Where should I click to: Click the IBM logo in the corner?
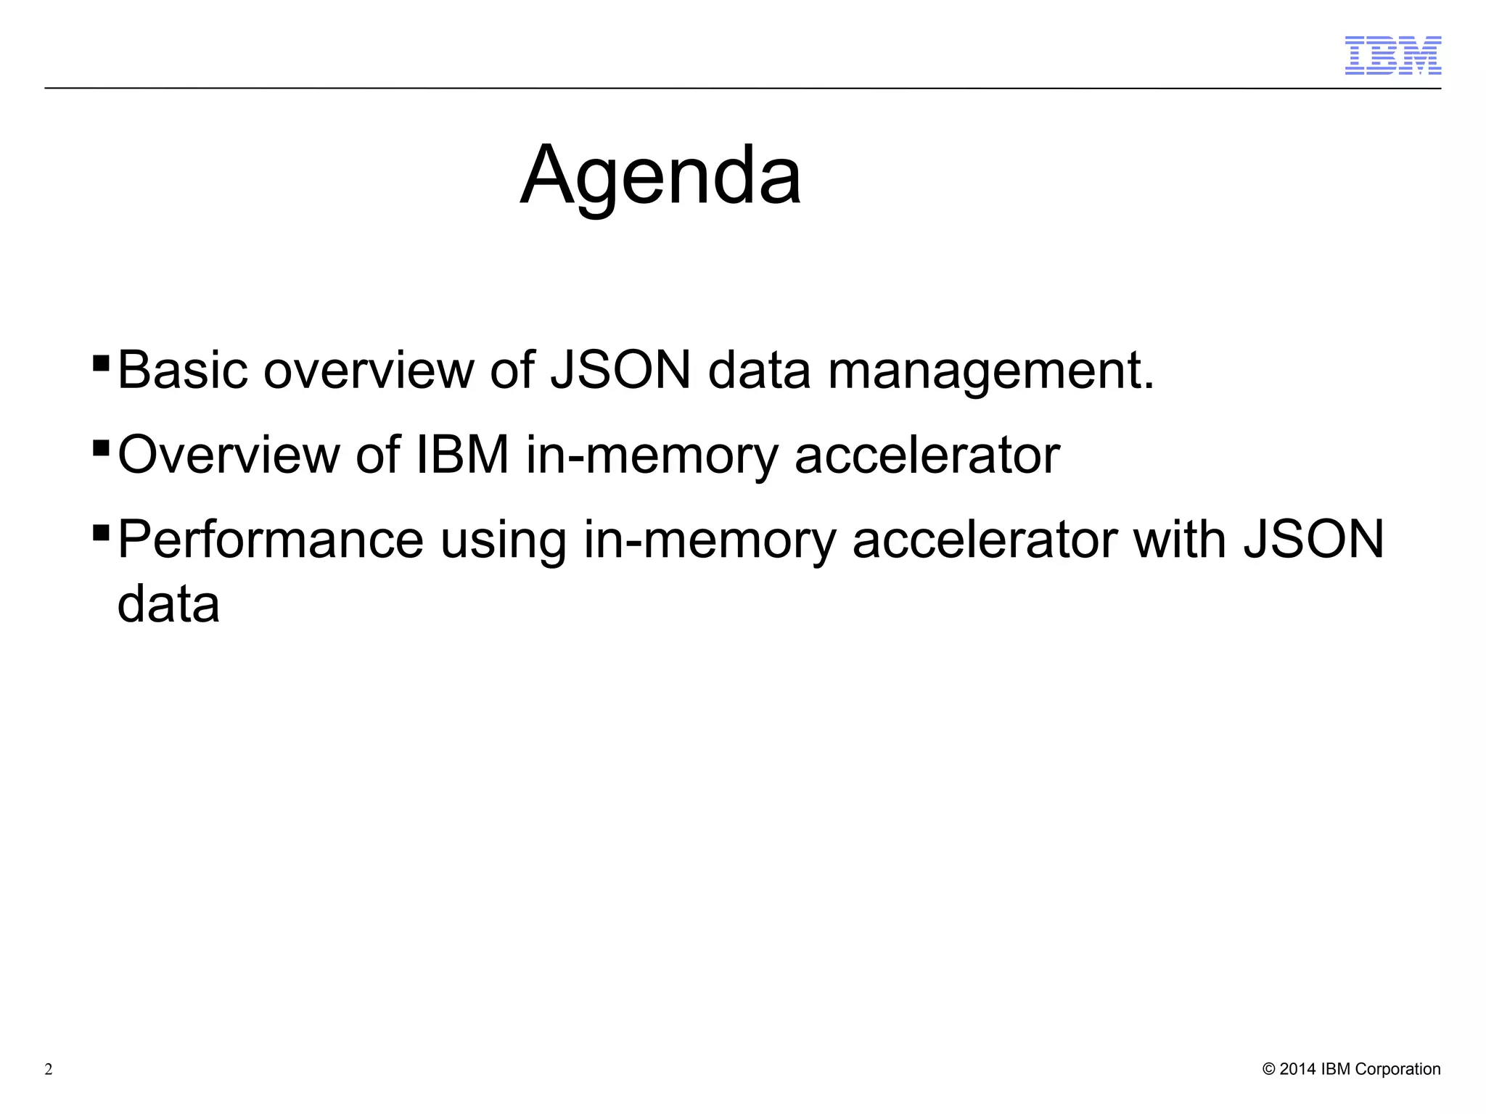coord(1392,55)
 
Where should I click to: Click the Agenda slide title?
coord(660,176)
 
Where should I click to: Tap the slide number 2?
coord(49,1070)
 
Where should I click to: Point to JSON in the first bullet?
coord(620,371)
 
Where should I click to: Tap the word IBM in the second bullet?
coord(462,455)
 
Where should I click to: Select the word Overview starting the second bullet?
coord(228,455)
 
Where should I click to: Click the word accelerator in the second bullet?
coord(927,455)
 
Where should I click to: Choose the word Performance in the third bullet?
coord(270,540)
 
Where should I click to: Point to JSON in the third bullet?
coord(1314,540)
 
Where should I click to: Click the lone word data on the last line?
coord(168,604)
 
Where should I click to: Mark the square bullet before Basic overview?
coord(101,361)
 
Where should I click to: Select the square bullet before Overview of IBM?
coord(101,446)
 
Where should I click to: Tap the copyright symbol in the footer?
coord(1269,1069)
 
